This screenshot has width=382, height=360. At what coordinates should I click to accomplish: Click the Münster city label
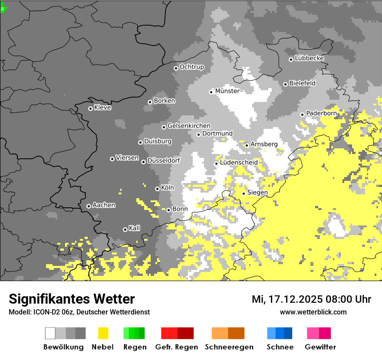[x=227, y=91]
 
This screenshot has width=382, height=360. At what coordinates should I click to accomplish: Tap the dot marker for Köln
[x=157, y=189]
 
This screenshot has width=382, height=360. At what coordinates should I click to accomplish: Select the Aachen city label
[x=104, y=205]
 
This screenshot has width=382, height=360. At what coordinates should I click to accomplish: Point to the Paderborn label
[x=321, y=113]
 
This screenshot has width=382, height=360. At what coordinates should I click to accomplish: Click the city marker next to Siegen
[x=244, y=193]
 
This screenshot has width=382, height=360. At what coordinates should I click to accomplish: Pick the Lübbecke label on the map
[x=309, y=58]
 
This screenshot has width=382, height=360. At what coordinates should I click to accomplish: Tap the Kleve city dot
[x=90, y=108]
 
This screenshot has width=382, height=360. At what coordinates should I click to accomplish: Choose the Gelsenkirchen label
[x=189, y=126]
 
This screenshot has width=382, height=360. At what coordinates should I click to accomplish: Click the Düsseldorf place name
[x=164, y=160]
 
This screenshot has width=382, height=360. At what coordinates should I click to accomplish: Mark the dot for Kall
[x=125, y=229]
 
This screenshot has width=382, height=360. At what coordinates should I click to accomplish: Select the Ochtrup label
[x=191, y=67]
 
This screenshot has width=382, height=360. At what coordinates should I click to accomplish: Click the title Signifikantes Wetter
[x=72, y=299]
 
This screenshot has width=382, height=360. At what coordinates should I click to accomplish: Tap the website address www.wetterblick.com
[x=313, y=312]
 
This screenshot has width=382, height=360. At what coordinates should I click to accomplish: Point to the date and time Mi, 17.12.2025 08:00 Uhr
[x=311, y=299]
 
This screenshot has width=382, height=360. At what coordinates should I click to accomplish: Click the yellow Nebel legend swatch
[x=103, y=333]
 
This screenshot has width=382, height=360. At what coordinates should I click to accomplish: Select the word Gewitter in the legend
[x=320, y=347]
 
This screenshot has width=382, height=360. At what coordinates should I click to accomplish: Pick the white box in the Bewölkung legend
[x=50, y=333]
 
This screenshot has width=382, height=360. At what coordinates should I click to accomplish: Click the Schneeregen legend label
[x=229, y=347]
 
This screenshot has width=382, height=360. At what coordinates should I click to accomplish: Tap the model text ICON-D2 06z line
[x=79, y=312]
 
